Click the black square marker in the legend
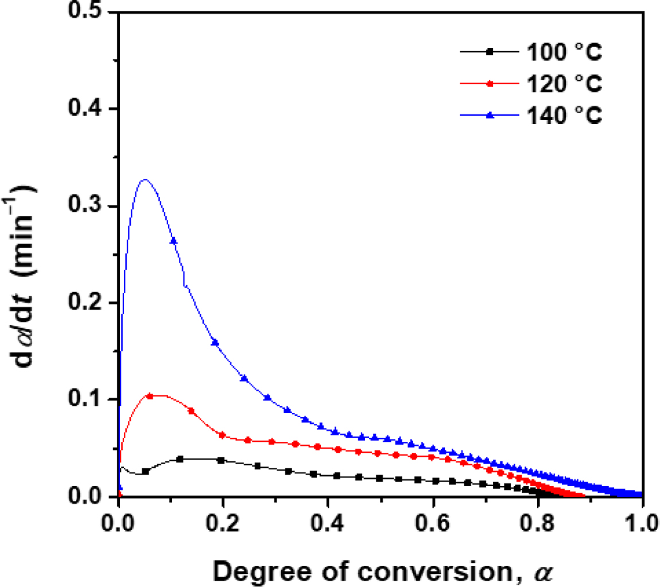coord(490,52)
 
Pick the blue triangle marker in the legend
coord(490,115)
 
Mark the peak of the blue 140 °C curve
coord(145,180)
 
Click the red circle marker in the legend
coord(490,84)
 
